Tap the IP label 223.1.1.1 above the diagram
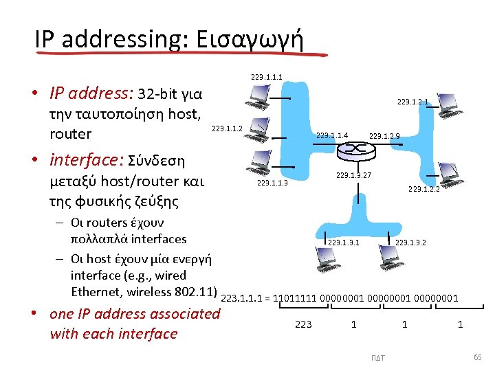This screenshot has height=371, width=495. pos(267,76)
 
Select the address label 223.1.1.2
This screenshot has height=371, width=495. pos(228,128)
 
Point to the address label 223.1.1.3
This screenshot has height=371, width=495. pos(272,183)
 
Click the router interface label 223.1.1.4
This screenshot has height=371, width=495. pos(332,135)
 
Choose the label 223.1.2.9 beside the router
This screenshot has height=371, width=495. pos(384,136)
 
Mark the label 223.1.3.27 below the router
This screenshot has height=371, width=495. pos(353,176)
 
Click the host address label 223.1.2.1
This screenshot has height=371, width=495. pos(412,102)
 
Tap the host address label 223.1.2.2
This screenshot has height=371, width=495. pos(423,189)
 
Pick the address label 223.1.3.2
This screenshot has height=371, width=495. pos(410,243)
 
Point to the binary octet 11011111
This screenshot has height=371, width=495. pos(296,298)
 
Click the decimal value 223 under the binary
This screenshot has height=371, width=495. pos(303,324)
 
